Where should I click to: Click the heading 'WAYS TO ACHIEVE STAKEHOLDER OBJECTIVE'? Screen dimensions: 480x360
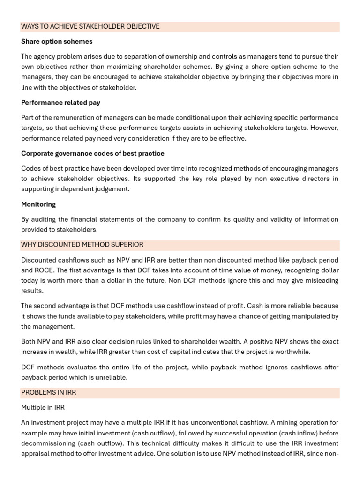tap(90, 27)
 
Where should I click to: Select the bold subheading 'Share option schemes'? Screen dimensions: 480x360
tap(57, 42)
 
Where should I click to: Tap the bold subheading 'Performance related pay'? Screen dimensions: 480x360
tap(60, 103)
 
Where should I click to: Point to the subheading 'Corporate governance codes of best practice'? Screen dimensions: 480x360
tap(92, 154)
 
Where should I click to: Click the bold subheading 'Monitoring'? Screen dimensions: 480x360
tap(38, 204)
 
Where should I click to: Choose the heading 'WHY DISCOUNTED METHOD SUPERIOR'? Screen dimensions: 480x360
tap(82, 245)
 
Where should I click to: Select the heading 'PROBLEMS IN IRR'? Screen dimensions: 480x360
tap(48, 392)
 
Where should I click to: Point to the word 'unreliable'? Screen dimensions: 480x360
tap(111, 377)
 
